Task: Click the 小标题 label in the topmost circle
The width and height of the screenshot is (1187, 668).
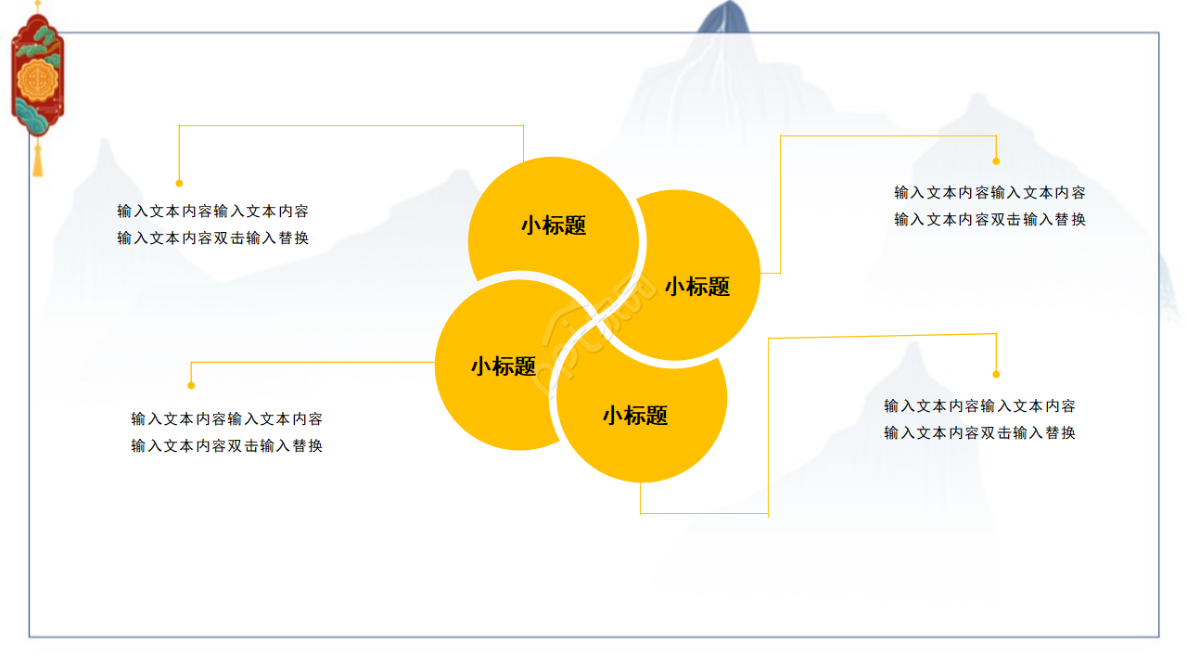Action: point(554,225)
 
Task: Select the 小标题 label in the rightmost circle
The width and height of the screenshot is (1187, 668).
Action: point(697,287)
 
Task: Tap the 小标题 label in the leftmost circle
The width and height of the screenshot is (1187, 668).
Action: point(504,366)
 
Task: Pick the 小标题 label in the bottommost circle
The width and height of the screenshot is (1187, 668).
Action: point(635,416)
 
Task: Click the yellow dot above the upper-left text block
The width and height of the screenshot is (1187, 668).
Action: point(179,183)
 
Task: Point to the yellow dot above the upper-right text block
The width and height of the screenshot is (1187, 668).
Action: point(996,161)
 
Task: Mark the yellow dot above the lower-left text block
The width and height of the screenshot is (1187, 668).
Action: point(191,385)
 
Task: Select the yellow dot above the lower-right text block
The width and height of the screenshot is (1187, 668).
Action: point(996,374)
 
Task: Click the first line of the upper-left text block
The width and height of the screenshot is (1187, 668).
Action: point(213,212)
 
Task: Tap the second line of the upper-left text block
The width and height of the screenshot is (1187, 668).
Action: point(213,238)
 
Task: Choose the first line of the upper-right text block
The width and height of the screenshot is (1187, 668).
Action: point(989,193)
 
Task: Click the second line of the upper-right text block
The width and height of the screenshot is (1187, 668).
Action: point(989,220)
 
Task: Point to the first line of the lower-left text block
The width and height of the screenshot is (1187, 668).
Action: point(227,419)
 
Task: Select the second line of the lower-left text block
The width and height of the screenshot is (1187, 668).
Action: point(227,446)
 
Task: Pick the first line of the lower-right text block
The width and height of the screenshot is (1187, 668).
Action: point(980,406)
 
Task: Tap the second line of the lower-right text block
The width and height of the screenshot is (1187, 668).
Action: point(980,433)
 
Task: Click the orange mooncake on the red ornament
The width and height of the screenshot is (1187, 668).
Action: point(37,81)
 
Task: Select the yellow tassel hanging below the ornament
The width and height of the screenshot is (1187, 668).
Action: point(38,159)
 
